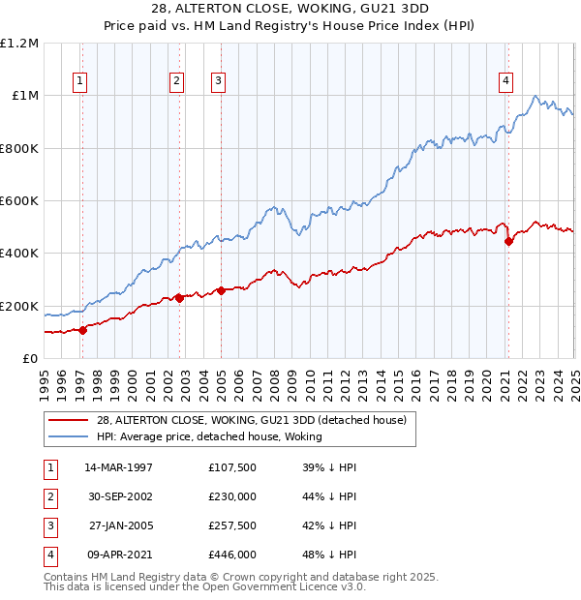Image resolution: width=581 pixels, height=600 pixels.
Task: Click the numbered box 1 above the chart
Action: click(78, 81)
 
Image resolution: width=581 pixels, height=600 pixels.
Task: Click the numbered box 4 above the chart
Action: click(506, 81)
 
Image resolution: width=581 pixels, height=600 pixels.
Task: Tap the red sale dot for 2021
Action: click(508, 242)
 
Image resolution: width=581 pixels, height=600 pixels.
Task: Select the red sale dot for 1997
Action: click(82, 330)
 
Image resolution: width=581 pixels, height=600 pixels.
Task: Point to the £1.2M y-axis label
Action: click(19, 44)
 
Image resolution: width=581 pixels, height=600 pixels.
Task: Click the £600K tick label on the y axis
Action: click(19, 200)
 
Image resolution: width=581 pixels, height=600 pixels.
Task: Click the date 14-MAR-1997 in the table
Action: click(119, 467)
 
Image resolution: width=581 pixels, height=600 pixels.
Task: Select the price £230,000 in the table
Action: click(232, 496)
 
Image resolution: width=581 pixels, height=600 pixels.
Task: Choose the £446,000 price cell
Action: click(232, 555)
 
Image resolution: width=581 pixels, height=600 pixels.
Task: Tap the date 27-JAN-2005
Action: click(119, 525)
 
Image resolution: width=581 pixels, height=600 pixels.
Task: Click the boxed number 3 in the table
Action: click(49, 525)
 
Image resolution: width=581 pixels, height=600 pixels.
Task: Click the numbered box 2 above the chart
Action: click(176, 81)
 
